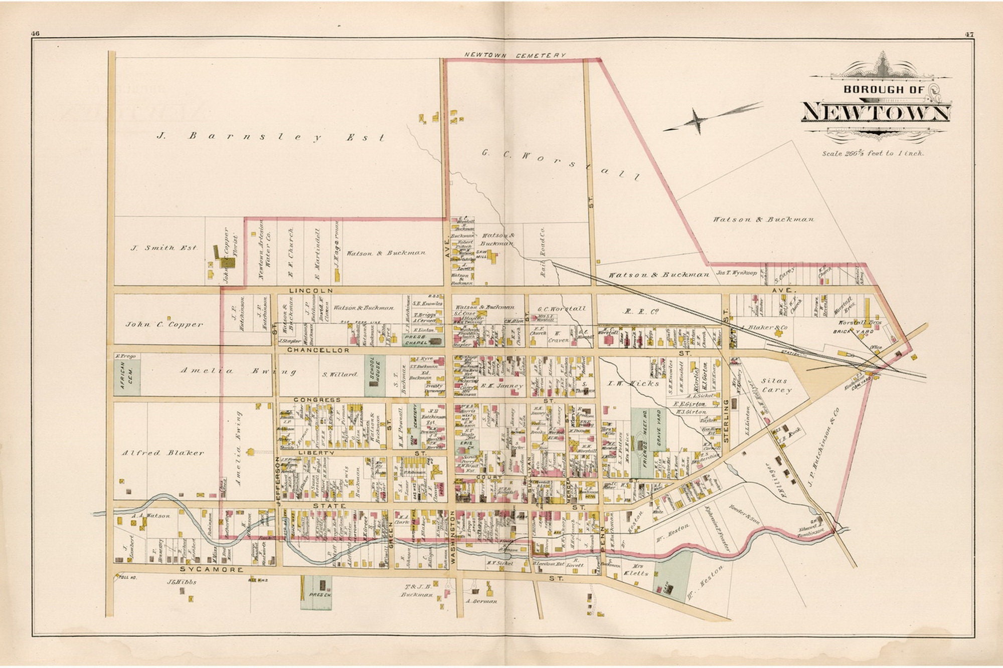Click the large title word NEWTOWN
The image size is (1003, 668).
tap(876, 112)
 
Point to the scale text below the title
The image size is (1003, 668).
tap(872, 153)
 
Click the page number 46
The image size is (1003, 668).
tap(35, 34)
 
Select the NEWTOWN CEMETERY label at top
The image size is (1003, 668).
tap(515, 55)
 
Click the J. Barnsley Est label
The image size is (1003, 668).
tap(271, 136)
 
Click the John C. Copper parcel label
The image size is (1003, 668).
tap(164, 324)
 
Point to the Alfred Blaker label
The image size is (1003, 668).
tap(163, 453)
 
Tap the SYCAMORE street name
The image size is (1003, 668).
tap(212, 570)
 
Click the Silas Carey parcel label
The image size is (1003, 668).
tap(776, 385)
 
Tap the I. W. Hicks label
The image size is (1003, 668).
tap(634, 383)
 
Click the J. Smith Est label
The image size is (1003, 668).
tap(164, 248)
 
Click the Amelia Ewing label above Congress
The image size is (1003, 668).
tap(238, 371)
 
